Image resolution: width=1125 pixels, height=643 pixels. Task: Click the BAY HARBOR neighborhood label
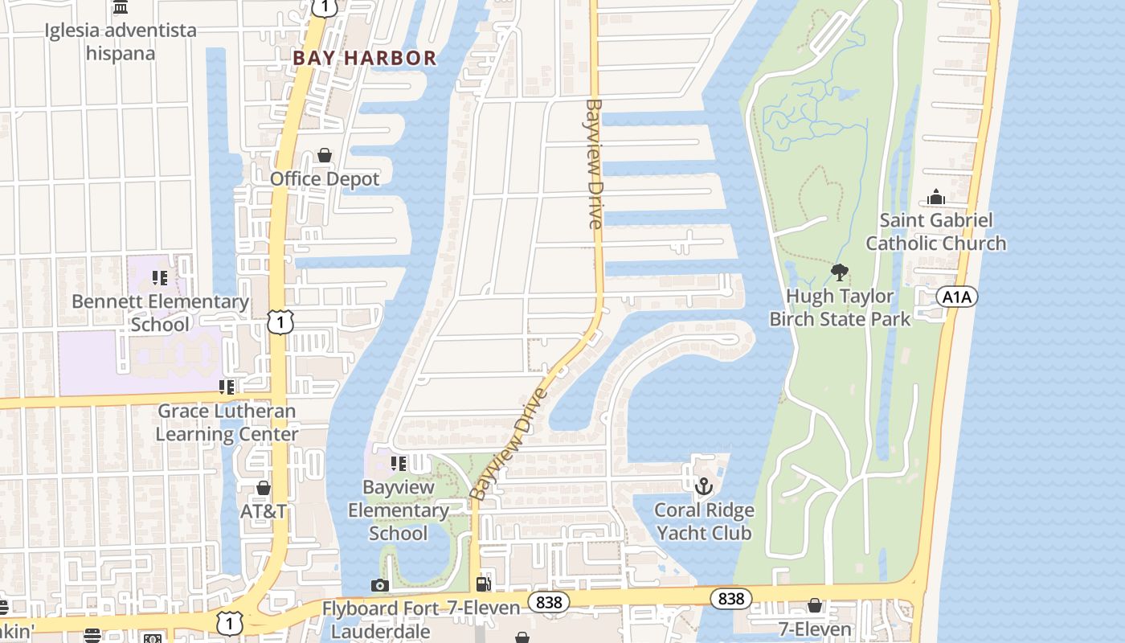pos(364,58)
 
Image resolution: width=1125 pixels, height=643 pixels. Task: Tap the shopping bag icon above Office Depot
pos(325,155)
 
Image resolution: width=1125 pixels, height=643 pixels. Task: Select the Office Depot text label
pos(325,178)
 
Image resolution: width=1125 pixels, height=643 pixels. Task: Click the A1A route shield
pos(956,297)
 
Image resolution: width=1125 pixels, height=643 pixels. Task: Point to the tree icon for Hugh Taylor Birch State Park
pos(840,272)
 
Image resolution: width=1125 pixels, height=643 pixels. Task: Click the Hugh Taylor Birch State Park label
pos(840,308)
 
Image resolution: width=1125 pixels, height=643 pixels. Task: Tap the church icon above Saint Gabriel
pos(935,197)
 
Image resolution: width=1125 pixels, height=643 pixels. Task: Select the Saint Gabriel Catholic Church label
pos(935,231)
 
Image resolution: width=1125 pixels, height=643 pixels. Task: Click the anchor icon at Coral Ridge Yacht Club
pos(704,486)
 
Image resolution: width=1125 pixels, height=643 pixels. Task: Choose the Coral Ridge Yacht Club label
pos(704,522)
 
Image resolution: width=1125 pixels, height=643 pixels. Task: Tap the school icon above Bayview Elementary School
pos(398,464)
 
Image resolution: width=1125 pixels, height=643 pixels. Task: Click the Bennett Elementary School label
pos(160,313)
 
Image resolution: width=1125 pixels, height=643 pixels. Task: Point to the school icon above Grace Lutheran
pos(227,387)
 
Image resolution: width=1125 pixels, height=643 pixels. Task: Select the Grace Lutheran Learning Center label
pos(227,422)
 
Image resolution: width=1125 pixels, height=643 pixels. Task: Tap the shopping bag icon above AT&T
pos(264,488)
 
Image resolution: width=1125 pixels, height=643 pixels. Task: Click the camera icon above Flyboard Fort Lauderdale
pos(380,585)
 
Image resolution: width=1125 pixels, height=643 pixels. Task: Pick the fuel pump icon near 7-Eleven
pos(484,584)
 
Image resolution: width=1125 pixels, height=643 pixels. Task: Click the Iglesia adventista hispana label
pos(121,42)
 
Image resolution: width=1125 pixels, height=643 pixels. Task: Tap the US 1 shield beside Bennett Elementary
pos(280,322)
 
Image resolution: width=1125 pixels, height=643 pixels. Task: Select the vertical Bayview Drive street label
pos(595,164)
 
